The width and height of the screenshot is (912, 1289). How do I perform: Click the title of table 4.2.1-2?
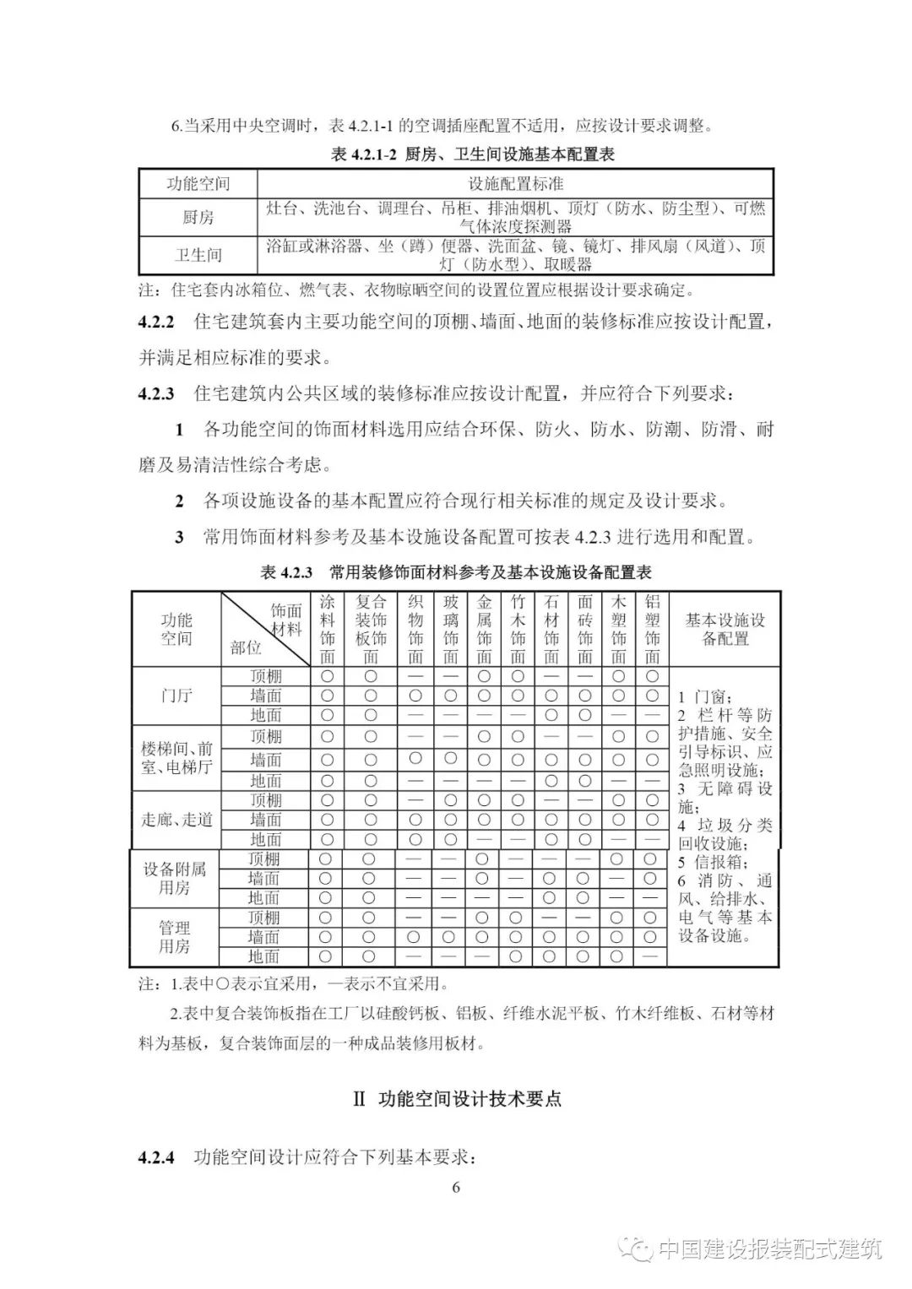[x=472, y=154]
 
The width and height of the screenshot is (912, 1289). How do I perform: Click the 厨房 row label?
[x=198, y=218]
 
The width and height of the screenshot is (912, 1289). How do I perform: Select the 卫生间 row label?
[x=198, y=255]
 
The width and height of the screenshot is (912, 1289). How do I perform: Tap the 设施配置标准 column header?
[x=515, y=183]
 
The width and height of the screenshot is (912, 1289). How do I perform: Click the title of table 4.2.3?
[x=456, y=572]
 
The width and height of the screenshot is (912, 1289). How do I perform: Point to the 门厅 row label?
[x=176, y=696]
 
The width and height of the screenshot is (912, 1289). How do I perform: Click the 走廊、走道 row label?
[x=176, y=819]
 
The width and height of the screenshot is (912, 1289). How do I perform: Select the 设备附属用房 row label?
[x=175, y=879]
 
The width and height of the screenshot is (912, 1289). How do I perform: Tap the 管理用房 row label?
[x=175, y=937]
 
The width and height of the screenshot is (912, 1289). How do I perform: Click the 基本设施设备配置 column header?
[x=725, y=630]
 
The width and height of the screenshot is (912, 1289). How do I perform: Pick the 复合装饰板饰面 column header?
[x=371, y=630]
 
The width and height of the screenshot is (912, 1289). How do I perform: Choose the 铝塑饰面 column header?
[x=652, y=630]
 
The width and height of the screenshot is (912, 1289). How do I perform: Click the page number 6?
[x=456, y=1188]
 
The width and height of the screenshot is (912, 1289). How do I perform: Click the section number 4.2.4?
[x=156, y=1157]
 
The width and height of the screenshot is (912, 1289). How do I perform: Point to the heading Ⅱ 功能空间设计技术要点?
[x=456, y=1098]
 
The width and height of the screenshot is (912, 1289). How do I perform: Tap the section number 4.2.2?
[x=156, y=322]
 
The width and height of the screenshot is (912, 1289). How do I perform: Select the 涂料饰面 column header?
[x=328, y=630]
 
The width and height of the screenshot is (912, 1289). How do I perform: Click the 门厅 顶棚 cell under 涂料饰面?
[x=328, y=676]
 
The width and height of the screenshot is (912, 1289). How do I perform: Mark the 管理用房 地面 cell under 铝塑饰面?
[x=650, y=956]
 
